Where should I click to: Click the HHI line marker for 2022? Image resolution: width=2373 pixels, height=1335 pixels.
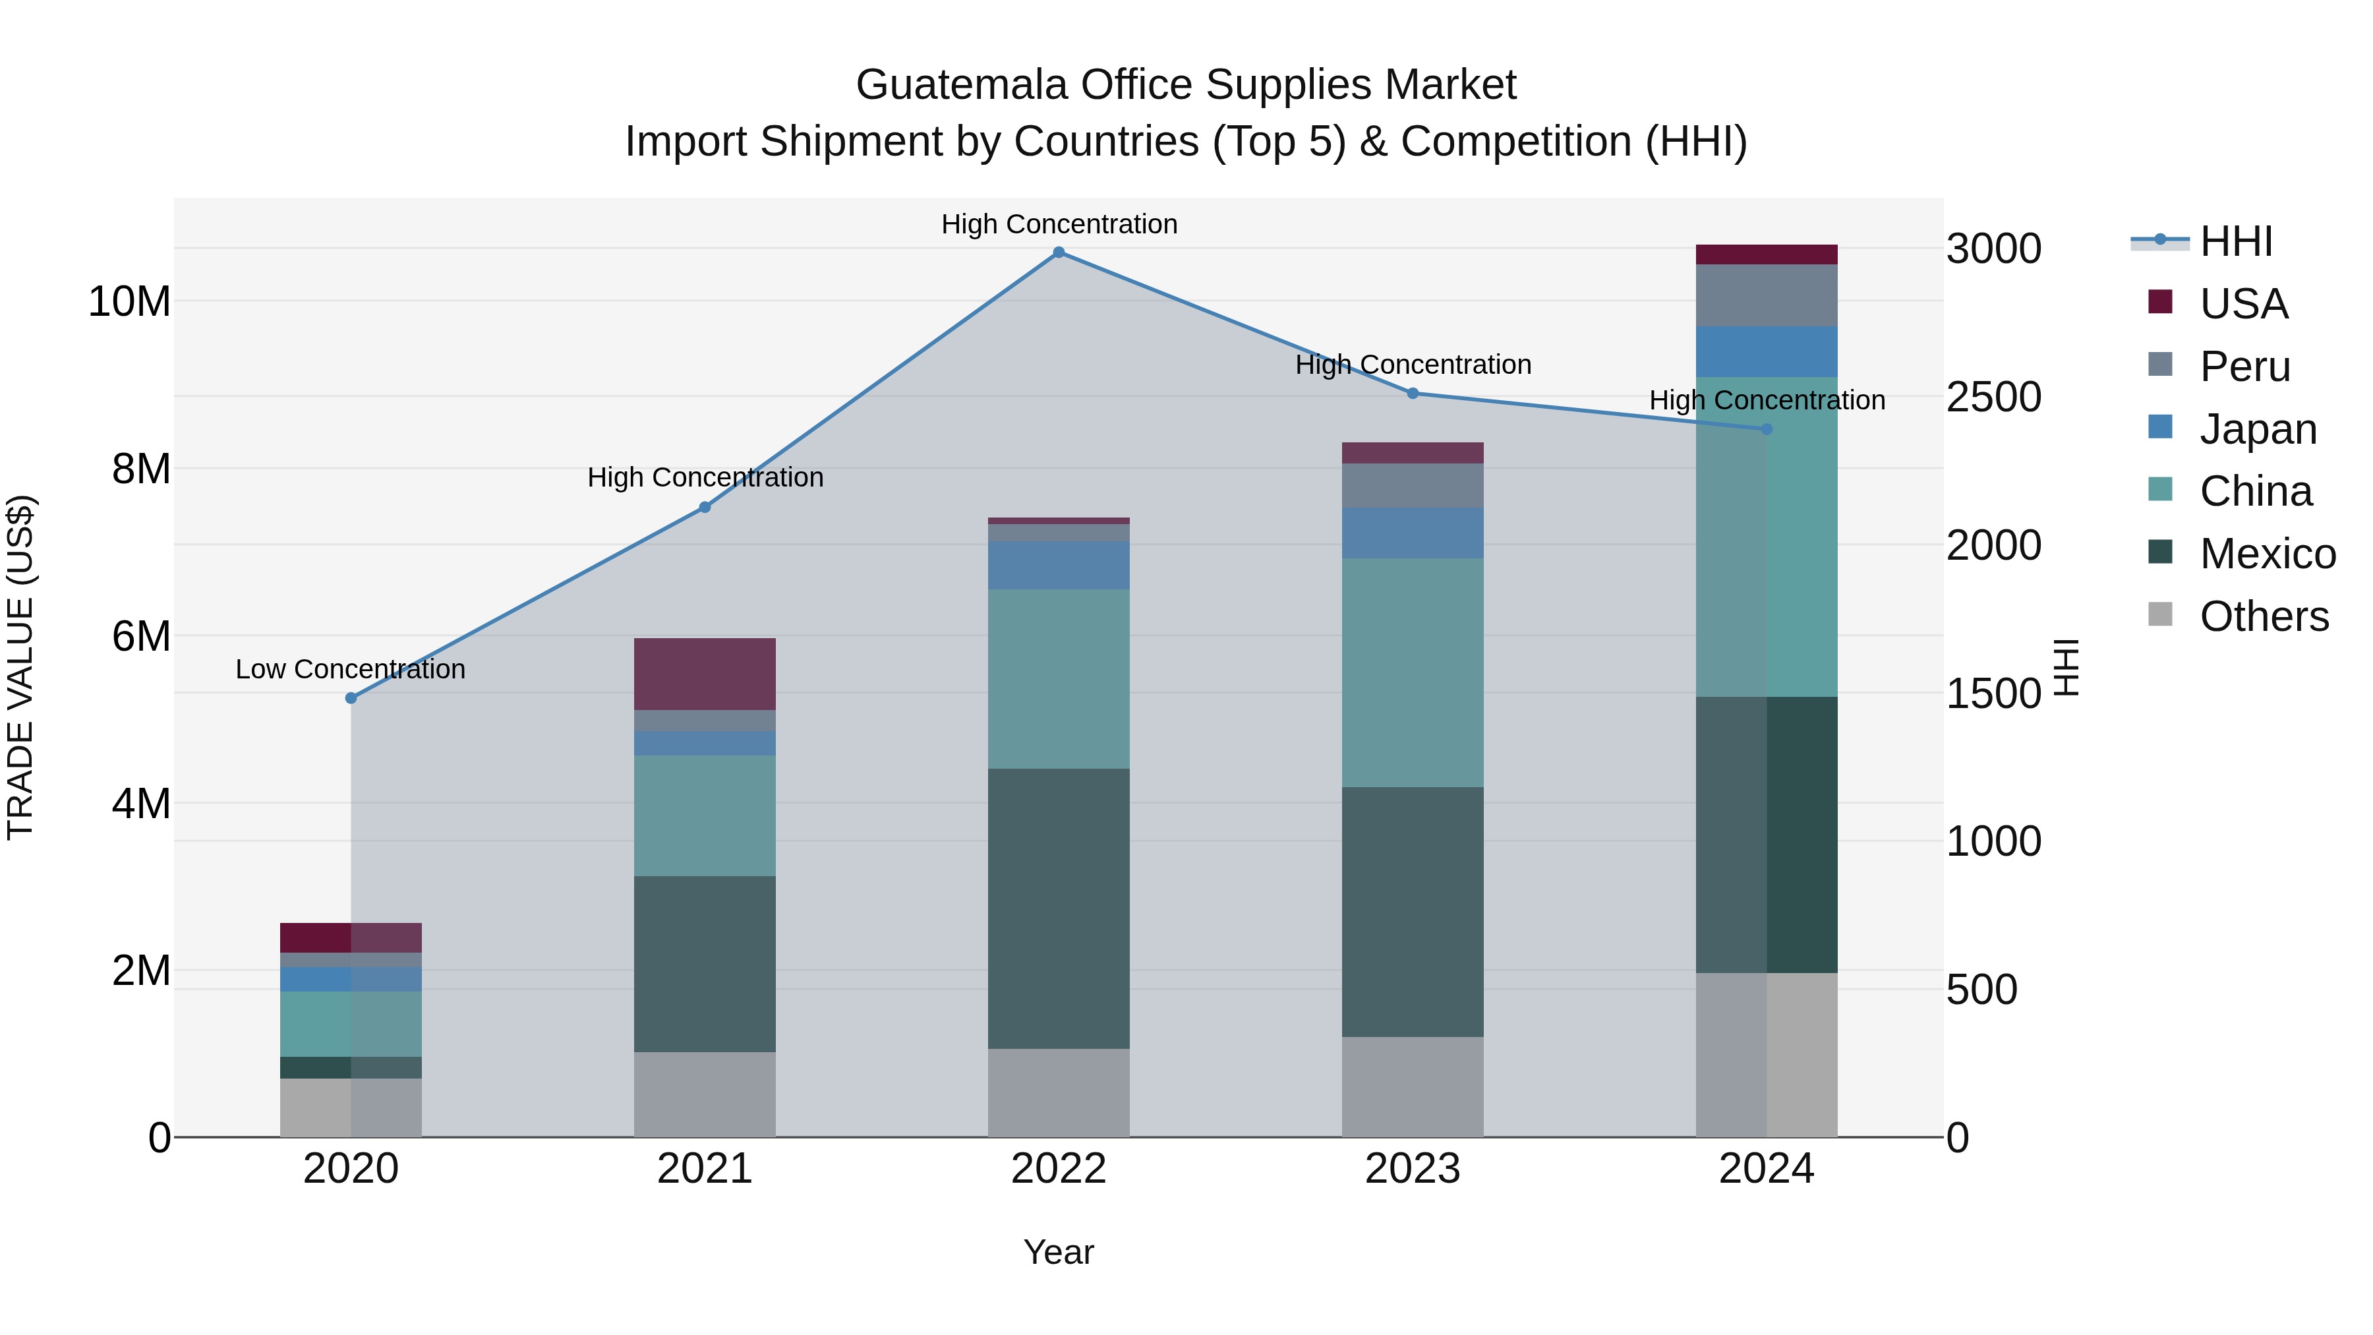[1059, 252]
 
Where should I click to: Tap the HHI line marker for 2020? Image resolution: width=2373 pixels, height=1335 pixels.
[351, 698]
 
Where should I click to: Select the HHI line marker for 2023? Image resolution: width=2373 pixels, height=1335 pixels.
[1412, 394]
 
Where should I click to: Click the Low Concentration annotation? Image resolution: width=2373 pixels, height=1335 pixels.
[350, 670]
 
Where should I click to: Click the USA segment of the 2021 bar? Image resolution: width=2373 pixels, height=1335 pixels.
[705, 674]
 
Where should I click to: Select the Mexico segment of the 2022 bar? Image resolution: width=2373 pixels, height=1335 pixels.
[1059, 908]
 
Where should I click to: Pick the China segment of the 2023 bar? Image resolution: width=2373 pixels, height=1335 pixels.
[1412, 672]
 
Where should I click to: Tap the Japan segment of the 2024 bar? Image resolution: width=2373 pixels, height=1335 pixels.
[1766, 352]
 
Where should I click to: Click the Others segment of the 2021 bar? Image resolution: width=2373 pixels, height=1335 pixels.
[705, 1094]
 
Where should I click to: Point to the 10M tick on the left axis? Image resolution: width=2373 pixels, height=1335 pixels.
[129, 302]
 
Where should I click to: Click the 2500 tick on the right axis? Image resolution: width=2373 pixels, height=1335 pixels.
[1993, 397]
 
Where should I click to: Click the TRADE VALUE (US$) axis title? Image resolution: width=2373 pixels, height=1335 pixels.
[20, 667]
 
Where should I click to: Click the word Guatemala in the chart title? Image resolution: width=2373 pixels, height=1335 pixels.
[962, 85]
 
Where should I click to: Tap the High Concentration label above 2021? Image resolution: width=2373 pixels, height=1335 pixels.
[705, 478]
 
